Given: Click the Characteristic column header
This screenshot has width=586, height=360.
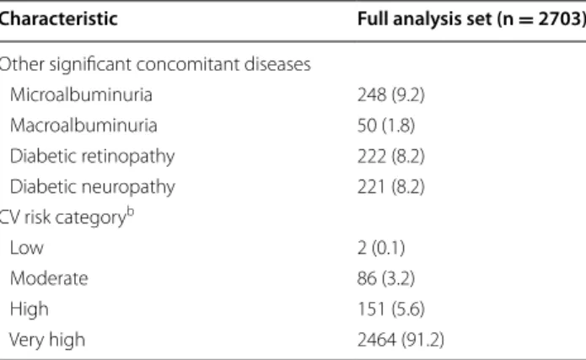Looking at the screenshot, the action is coord(58,19).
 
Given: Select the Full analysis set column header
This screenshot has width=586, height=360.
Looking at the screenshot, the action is coord(471,19).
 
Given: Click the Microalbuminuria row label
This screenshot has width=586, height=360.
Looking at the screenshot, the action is coord(81,94).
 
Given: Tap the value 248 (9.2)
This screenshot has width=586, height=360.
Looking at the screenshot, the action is coord(391,95).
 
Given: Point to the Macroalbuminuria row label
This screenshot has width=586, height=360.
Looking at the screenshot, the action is coord(83,126).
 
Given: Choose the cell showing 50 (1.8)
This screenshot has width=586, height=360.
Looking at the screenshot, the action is coord(386,126).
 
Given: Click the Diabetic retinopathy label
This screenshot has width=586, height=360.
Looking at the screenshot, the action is coord(92,156).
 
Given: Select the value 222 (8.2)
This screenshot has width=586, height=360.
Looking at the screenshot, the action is coord(391,156).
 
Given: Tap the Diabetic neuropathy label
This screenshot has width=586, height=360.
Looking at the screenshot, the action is coord(92,187).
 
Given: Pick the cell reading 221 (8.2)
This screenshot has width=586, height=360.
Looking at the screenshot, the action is coord(391,187).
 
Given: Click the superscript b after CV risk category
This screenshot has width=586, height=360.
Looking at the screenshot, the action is coord(130,212).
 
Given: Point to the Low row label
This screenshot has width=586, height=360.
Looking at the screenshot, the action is coord(26,248).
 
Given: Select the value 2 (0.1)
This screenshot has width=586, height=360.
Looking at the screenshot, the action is coord(381,248).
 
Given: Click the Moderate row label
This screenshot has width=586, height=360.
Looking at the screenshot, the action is coord(49,278).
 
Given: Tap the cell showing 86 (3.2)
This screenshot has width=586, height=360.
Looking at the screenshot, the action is coord(386,279).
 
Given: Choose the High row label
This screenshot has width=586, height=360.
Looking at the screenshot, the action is coord(30,309).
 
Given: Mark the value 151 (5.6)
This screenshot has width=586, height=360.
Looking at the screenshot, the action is coord(391,309).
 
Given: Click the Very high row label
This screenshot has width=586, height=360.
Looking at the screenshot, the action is coord(47,340).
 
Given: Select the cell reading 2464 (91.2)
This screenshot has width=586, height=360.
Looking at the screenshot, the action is coord(401,340).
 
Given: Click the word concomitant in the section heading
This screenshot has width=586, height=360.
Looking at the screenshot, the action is coord(188,64).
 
